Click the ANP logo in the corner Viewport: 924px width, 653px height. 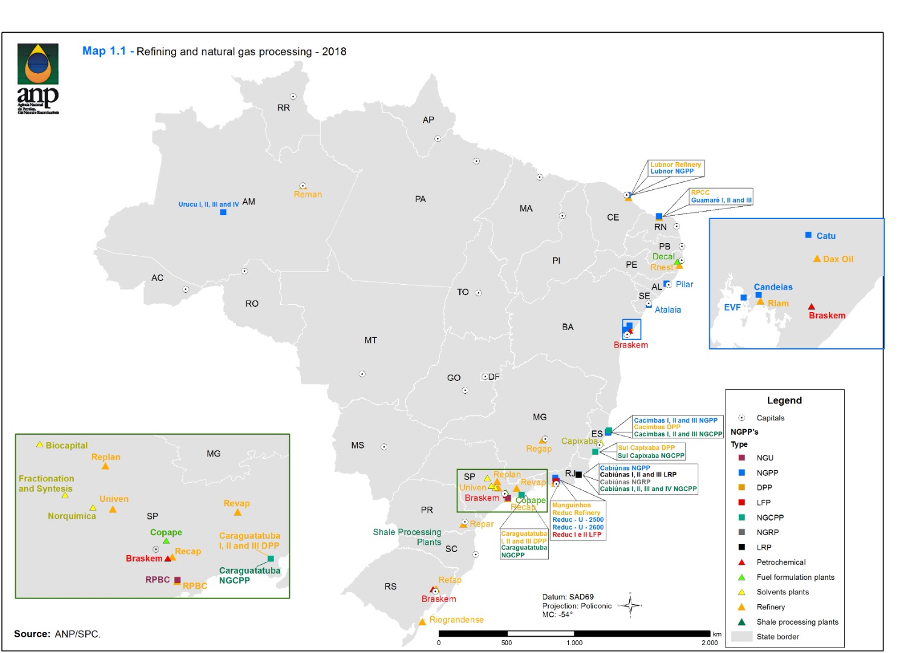pyautogui.click(x=38, y=77)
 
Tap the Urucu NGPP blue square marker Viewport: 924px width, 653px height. pyautogui.click(x=223, y=212)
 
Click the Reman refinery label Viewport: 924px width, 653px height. pyautogui.click(x=307, y=195)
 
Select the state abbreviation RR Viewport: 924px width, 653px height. pyautogui.click(x=283, y=108)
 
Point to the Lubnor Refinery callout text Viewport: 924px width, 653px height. pyautogui.click(x=675, y=164)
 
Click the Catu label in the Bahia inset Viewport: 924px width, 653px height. pyautogui.click(x=825, y=236)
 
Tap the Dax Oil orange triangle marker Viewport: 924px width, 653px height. pyautogui.click(x=817, y=259)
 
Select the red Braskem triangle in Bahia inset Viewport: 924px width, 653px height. pyautogui.click(x=811, y=307)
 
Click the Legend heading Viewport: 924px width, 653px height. pyautogui.click(x=784, y=401)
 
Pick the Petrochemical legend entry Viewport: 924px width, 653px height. pyautogui.click(x=781, y=562)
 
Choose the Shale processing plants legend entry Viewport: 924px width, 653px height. pyautogui.click(x=797, y=622)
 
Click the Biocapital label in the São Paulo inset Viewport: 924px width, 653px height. pyautogui.click(x=67, y=446)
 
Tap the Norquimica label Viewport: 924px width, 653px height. pyautogui.click(x=71, y=516)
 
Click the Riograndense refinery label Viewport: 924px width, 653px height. pyautogui.click(x=456, y=620)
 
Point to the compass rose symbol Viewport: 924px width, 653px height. pyautogui.click(x=630, y=605)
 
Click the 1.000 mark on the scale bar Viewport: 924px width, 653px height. pyautogui.click(x=574, y=643)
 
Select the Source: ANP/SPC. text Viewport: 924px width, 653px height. pyautogui.click(x=57, y=634)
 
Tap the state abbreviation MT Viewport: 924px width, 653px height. pyautogui.click(x=370, y=340)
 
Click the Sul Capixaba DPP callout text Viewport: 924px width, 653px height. pyautogui.click(x=646, y=448)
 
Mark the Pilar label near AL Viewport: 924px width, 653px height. pyautogui.click(x=684, y=285)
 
